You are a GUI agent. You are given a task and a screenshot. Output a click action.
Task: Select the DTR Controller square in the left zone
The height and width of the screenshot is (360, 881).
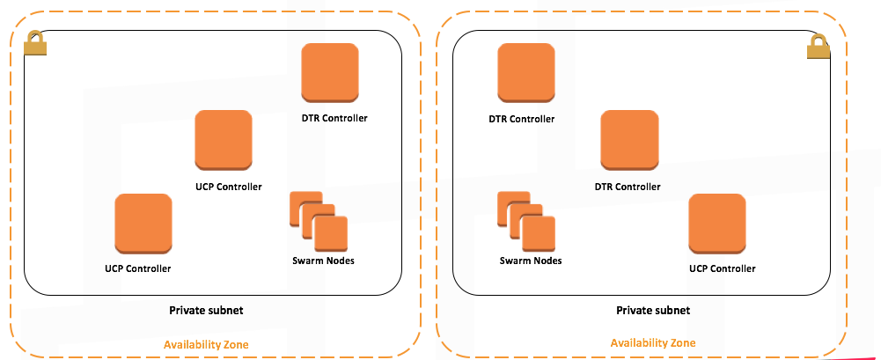(330, 73)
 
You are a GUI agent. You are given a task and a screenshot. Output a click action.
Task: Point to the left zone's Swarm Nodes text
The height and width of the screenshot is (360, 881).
(323, 261)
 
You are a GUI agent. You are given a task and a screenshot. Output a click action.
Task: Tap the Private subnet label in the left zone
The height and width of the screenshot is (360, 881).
(206, 311)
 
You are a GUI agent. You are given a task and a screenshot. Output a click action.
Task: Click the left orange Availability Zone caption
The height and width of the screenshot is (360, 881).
(206, 344)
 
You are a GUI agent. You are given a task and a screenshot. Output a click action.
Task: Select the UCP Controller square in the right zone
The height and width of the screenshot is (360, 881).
(717, 224)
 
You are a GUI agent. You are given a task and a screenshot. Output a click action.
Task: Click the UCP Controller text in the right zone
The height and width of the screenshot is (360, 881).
(722, 268)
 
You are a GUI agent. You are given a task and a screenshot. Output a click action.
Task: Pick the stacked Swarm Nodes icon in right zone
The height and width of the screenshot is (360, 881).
(526, 221)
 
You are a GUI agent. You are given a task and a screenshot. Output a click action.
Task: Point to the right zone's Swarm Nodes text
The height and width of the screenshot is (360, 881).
(531, 261)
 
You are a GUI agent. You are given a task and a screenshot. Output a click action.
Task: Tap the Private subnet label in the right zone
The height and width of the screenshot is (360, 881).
(653, 311)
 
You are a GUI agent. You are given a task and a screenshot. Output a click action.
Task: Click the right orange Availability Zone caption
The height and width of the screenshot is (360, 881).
(653, 343)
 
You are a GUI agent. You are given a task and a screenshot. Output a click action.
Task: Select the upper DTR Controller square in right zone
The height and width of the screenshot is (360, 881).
(526, 73)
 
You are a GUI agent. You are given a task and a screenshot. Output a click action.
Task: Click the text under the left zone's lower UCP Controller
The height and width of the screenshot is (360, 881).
(137, 268)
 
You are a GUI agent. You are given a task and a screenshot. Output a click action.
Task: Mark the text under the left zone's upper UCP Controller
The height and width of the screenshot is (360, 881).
(229, 187)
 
